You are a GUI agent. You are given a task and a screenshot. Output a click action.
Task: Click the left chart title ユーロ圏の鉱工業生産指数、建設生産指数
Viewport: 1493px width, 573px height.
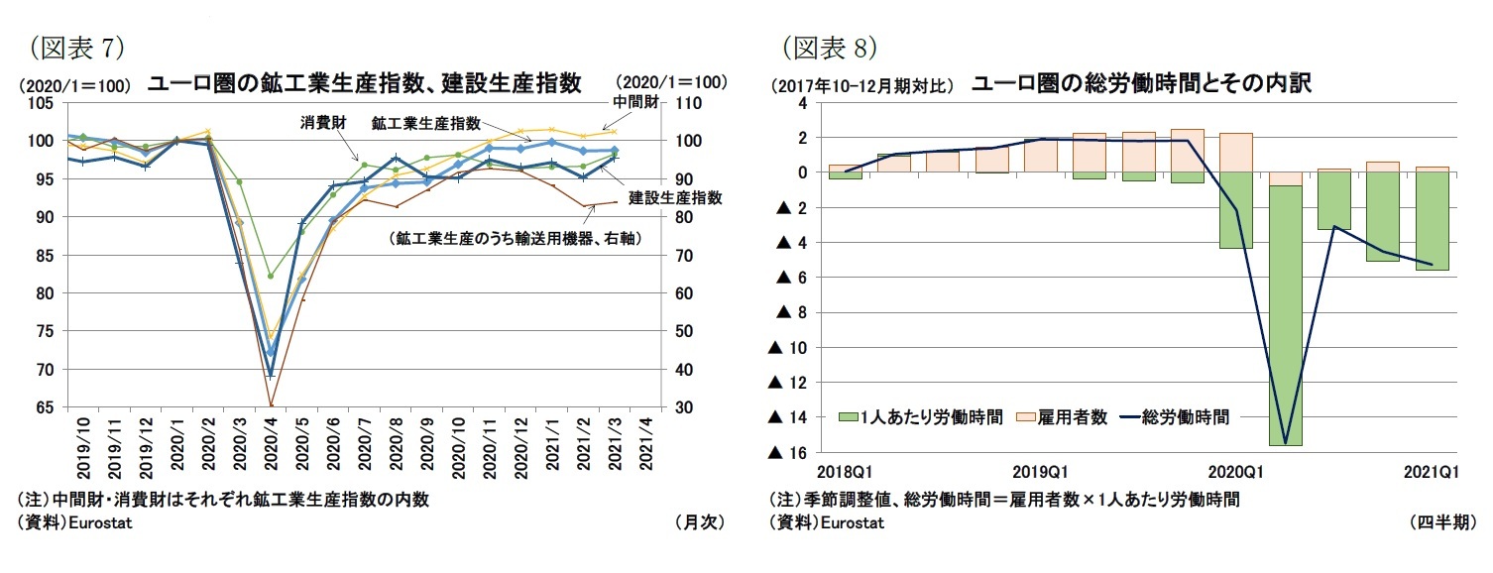click(x=364, y=83)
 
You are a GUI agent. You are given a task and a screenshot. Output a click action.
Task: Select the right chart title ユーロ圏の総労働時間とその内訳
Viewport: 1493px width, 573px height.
click(x=1141, y=83)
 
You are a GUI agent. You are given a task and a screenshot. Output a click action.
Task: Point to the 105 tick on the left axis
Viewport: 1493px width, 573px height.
click(x=41, y=103)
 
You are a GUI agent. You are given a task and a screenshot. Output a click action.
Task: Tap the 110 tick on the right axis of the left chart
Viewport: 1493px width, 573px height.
click(x=689, y=103)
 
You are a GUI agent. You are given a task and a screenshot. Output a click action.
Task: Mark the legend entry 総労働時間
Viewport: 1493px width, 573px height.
click(x=1175, y=417)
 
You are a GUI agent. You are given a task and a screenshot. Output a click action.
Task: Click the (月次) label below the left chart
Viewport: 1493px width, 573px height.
click(x=699, y=522)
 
